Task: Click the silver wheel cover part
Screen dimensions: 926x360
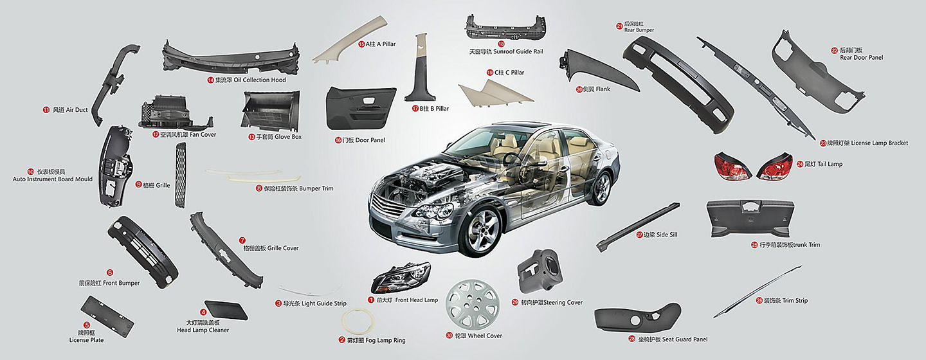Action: (x=473, y=304)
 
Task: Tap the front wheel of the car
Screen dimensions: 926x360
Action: (x=482, y=230)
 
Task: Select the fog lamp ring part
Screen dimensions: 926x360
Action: (x=358, y=321)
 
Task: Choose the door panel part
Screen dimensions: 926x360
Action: (x=361, y=108)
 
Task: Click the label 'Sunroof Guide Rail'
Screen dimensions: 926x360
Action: (x=518, y=51)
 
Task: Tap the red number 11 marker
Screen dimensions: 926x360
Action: (x=46, y=110)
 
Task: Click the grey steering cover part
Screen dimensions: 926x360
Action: (x=540, y=271)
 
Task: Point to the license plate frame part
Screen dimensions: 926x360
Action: (x=107, y=316)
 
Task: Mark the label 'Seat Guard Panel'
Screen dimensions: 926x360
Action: (x=685, y=339)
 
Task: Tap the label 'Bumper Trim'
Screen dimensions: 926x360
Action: (x=316, y=188)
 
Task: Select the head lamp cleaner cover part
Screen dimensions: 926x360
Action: (x=226, y=310)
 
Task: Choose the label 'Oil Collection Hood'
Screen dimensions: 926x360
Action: (x=260, y=80)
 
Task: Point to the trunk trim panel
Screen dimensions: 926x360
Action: (x=750, y=219)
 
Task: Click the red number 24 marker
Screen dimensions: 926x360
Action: (x=800, y=164)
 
